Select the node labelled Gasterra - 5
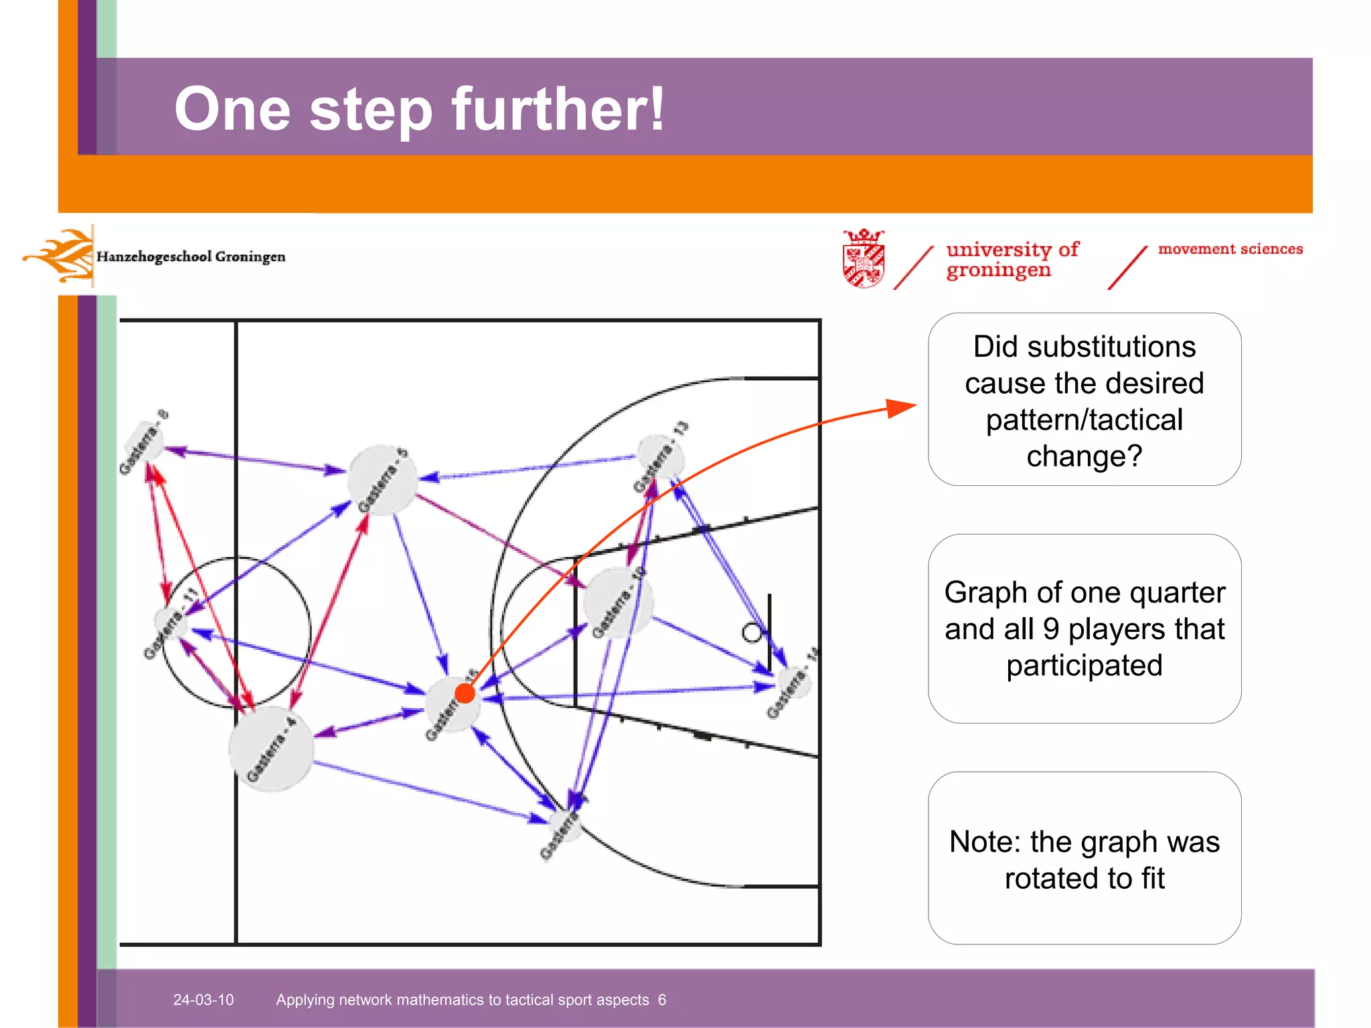383,480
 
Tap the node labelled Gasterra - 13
661,458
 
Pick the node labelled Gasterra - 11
171,623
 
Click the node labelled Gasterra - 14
794,683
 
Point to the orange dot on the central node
465,693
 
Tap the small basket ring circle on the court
752,632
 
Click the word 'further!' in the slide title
558,109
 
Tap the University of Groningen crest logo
864,258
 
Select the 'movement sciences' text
1230,249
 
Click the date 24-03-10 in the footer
204,1000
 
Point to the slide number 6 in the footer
661,1000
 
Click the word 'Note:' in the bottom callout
985,842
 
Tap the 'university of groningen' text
1011,259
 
